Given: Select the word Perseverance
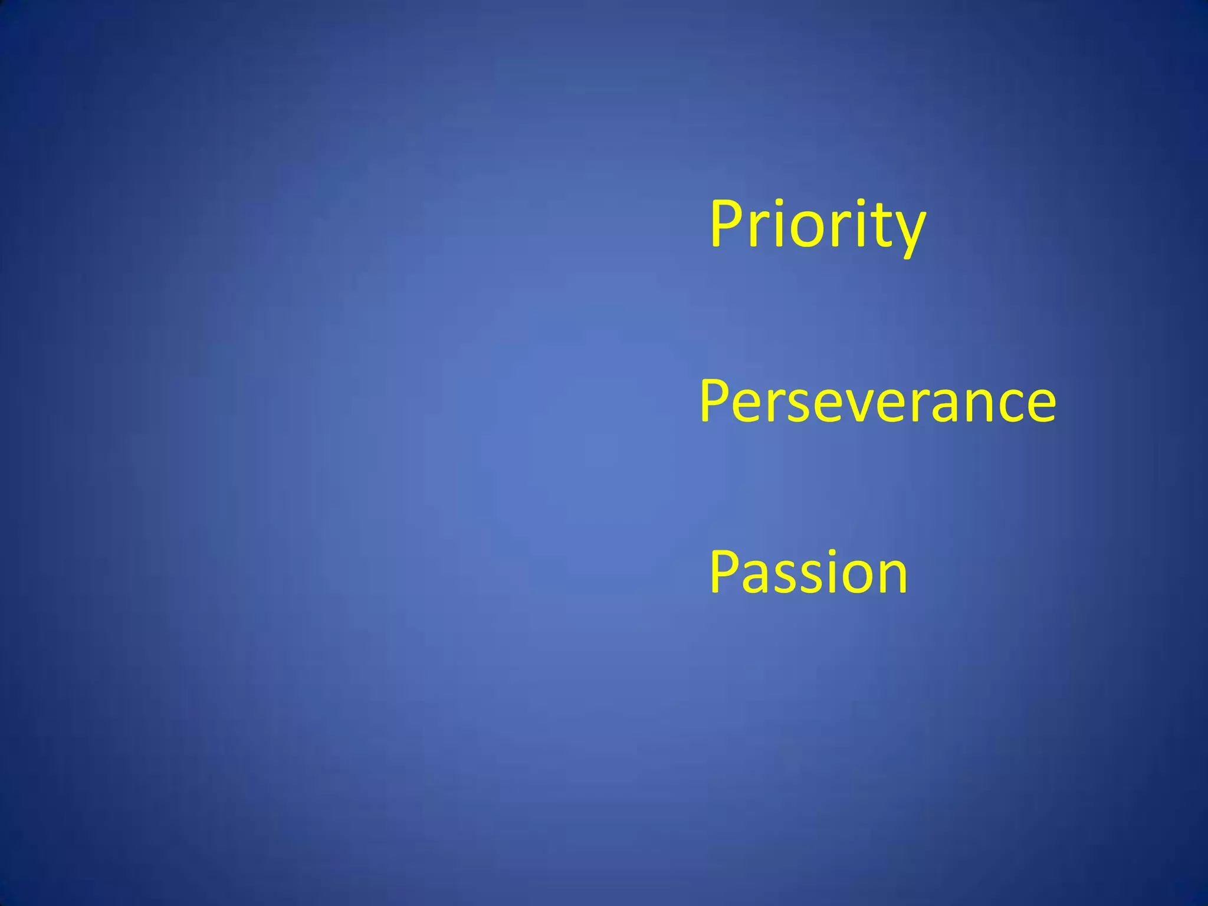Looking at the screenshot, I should [878, 402].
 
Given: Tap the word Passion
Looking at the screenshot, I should [808, 572].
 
